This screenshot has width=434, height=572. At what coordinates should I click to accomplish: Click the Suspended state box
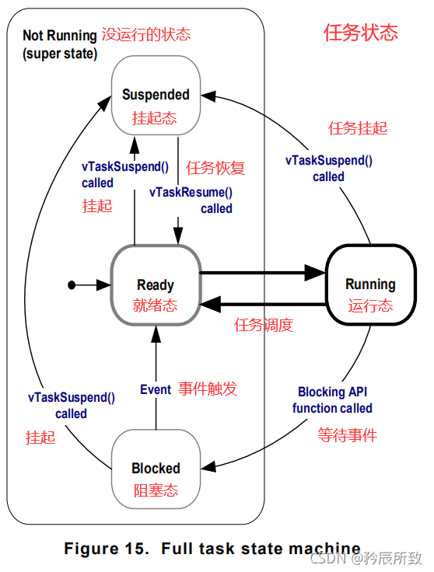coord(156,95)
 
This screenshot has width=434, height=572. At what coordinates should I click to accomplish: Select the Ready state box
coord(156,285)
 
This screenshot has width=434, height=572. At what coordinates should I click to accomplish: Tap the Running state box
coord(370,284)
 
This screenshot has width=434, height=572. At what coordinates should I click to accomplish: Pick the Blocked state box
coord(156,469)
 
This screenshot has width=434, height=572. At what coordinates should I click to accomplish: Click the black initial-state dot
coord(72,285)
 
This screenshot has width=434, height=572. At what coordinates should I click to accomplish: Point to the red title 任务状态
coord(360,33)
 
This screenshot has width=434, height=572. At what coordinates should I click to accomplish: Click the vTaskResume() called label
coord(191,200)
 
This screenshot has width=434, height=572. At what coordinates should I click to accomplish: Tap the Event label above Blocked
coord(156,389)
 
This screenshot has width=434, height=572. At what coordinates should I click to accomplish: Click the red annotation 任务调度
coord(264,325)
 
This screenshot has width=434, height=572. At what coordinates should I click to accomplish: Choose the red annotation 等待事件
coord(347,435)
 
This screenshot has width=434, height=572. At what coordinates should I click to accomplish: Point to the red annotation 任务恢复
coord(215,167)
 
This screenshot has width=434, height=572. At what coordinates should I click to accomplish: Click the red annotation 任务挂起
coord(358,128)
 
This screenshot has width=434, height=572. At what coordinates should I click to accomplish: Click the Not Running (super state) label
coord(60,44)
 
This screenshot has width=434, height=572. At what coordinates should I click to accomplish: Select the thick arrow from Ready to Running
coord(262,273)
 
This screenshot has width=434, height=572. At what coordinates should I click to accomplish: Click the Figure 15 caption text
coord(212,548)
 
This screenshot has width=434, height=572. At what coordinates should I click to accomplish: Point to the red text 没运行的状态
coord(146,35)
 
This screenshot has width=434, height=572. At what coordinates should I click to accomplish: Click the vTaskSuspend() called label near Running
coord(328,169)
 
